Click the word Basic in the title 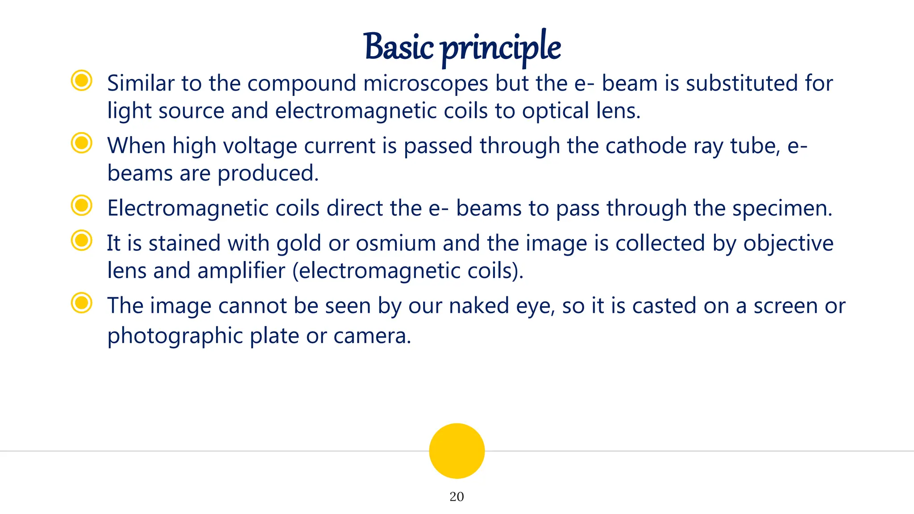[399, 47]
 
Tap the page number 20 [457, 497]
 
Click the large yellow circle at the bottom [457, 451]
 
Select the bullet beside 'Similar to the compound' [82, 81]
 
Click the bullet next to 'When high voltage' [82, 143]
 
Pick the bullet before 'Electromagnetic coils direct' [82, 206]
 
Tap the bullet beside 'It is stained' [82, 241]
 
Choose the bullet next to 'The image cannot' [82, 303]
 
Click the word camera [372, 336]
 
